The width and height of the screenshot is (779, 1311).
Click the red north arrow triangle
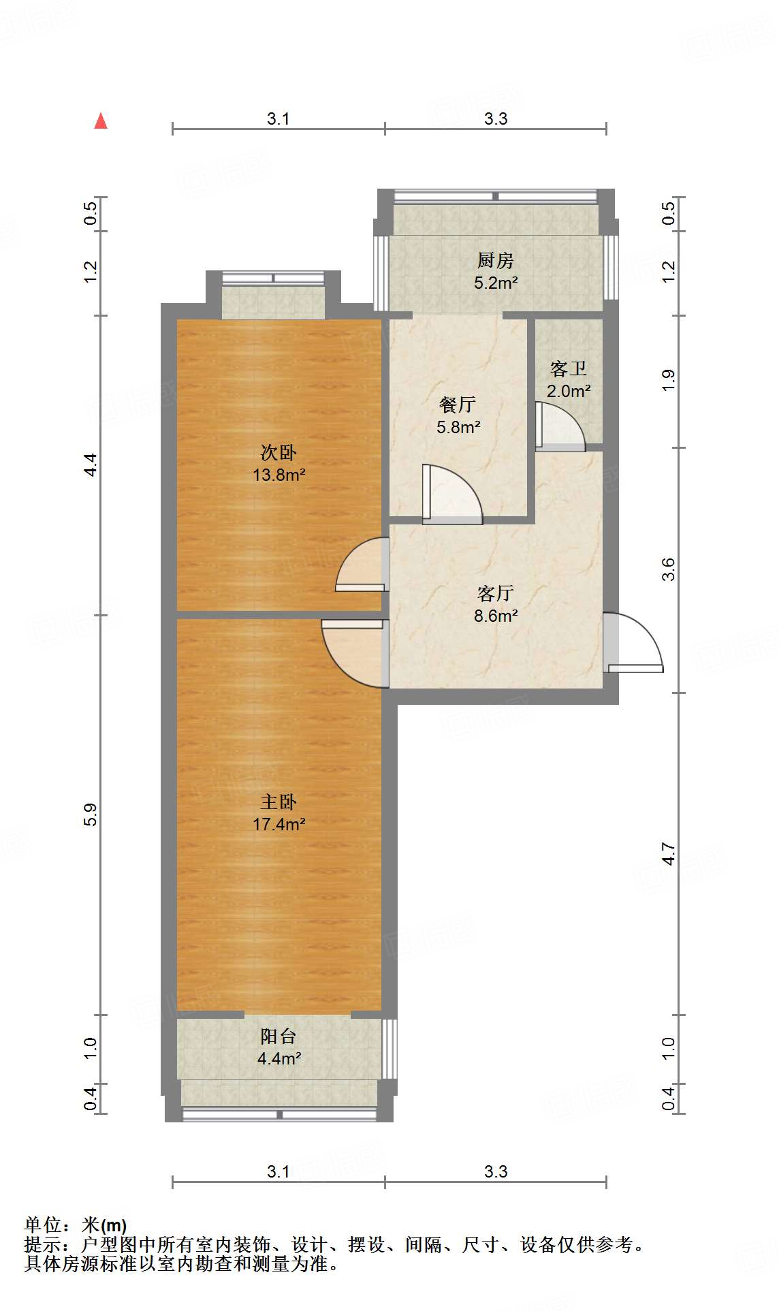[x=101, y=121]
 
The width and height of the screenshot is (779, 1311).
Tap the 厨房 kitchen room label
[x=495, y=260]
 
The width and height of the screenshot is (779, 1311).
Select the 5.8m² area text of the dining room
[x=458, y=427]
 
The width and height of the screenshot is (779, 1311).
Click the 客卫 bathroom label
[x=568, y=369]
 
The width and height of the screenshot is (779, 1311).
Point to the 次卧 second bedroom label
[x=279, y=453]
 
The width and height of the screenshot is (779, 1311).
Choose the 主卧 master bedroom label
[x=279, y=802]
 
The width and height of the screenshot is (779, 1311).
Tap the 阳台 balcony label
[x=279, y=1037]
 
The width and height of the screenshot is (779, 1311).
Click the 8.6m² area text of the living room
[x=496, y=616]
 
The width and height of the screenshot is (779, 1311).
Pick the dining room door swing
[x=453, y=494]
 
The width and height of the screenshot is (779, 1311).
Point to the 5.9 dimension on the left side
[x=91, y=815]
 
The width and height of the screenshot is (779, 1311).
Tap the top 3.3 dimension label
[x=496, y=119]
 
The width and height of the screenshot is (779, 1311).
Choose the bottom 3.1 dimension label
[x=278, y=1171]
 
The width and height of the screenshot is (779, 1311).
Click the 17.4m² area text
[x=279, y=824]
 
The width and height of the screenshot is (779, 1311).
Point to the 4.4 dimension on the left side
[x=91, y=464]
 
